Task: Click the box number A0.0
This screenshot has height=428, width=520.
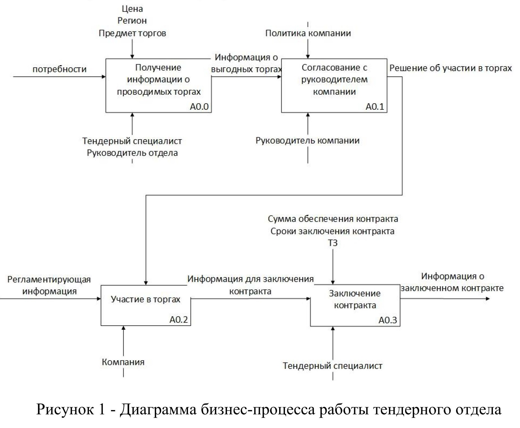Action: [199, 107]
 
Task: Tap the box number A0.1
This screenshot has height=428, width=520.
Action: [375, 107]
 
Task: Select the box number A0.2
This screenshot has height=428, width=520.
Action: [178, 320]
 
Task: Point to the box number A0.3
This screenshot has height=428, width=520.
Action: [388, 320]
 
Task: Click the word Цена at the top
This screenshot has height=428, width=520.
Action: [132, 9]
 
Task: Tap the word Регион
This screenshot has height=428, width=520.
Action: [132, 21]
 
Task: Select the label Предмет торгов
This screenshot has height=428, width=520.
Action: [132, 33]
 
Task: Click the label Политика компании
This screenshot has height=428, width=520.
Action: [308, 33]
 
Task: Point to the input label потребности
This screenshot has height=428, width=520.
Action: [60, 69]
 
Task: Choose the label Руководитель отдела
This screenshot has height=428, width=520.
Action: [132, 153]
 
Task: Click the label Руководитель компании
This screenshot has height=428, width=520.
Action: [308, 141]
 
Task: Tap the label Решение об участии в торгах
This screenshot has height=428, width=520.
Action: [451, 68]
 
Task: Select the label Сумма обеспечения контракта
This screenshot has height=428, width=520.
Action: [333, 219]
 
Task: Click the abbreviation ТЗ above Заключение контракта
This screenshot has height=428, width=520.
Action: [333, 243]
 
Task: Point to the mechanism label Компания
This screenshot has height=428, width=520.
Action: [123, 362]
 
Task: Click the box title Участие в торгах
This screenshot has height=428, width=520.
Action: [146, 299]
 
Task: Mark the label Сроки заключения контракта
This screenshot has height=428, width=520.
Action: [332, 231]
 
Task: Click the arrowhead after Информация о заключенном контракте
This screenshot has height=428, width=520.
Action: [488, 299]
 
